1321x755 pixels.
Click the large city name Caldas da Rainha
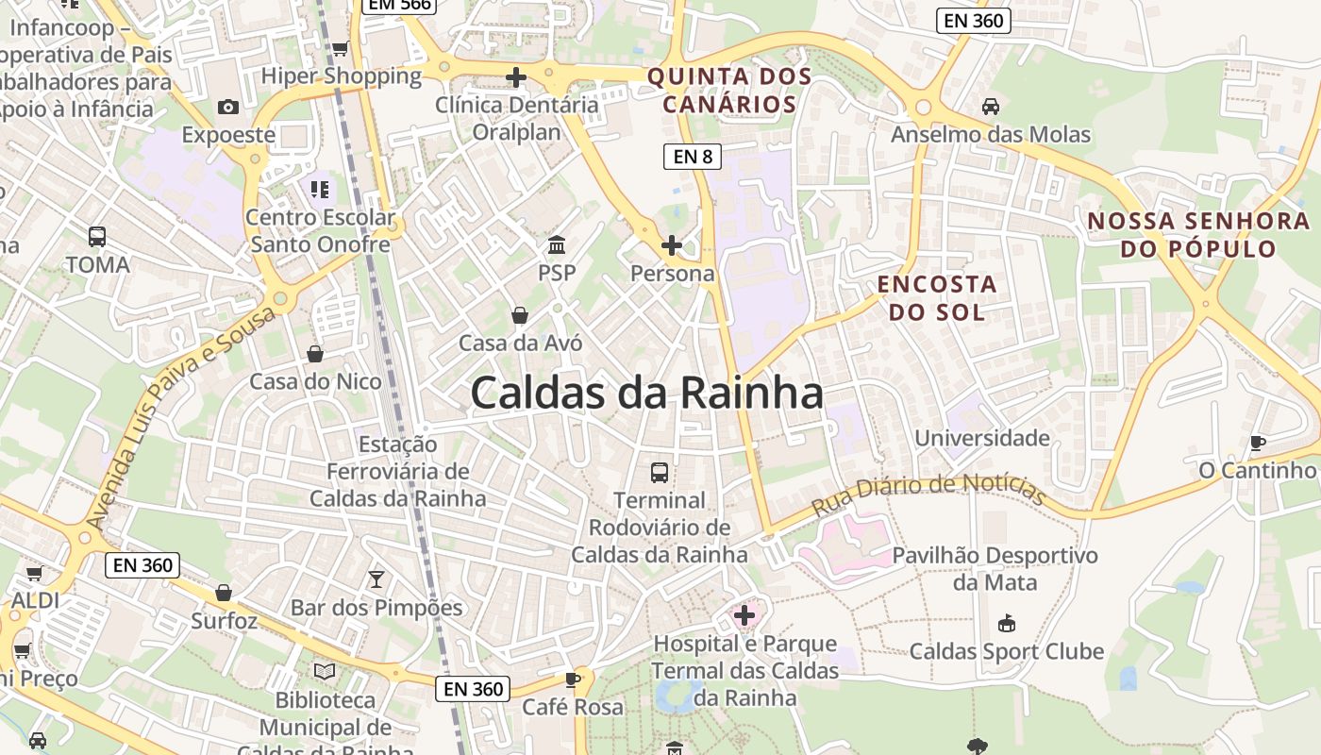point(646,393)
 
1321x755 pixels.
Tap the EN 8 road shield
point(694,157)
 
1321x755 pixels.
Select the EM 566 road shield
point(397,5)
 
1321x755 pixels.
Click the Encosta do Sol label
point(937,297)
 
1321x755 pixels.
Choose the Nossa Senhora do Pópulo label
point(1198,235)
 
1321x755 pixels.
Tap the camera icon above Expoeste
point(228,107)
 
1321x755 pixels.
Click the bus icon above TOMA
point(96,236)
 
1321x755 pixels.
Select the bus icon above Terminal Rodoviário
point(660,472)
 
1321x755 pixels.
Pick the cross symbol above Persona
point(672,245)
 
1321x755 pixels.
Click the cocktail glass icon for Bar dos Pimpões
point(376,579)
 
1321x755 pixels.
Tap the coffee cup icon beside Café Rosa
point(572,679)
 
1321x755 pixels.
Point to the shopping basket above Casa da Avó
point(519,314)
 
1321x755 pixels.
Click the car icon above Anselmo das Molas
point(990,107)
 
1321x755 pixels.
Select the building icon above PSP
point(557,245)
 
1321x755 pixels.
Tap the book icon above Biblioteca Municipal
point(325,671)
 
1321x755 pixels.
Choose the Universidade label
point(982,438)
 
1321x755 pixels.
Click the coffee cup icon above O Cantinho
point(1257,442)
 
